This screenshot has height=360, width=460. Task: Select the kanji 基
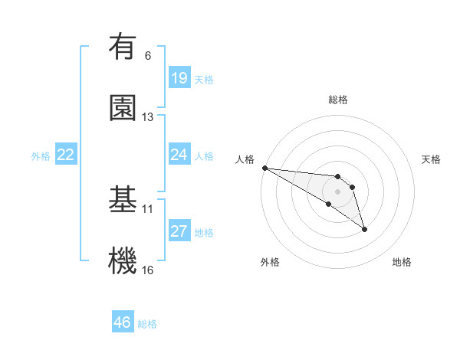click(x=123, y=198)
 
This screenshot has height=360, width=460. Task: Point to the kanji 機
click(x=123, y=260)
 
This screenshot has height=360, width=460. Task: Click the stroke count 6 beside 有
click(x=148, y=55)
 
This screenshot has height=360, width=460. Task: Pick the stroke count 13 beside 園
click(x=148, y=116)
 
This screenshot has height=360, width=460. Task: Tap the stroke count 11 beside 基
click(x=148, y=208)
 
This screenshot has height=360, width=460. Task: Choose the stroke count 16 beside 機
click(x=148, y=270)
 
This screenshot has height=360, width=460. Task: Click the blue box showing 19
click(x=179, y=78)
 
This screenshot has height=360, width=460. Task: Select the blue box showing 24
click(x=179, y=155)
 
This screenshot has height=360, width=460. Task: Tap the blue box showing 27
click(x=179, y=231)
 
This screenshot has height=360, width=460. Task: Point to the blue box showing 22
click(x=66, y=155)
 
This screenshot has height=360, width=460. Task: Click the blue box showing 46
click(x=123, y=322)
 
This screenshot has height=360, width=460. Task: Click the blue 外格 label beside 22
click(x=41, y=155)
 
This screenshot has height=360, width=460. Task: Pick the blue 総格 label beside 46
click(x=147, y=324)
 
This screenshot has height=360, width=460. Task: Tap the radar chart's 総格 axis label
click(x=337, y=100)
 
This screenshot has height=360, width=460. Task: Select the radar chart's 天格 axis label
click(x=432, y=159)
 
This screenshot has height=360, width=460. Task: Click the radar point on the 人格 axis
click(x=264, y=168)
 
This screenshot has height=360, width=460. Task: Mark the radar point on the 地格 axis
click(x=364, y=229)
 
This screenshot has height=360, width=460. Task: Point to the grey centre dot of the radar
click(x=337, y=191)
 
